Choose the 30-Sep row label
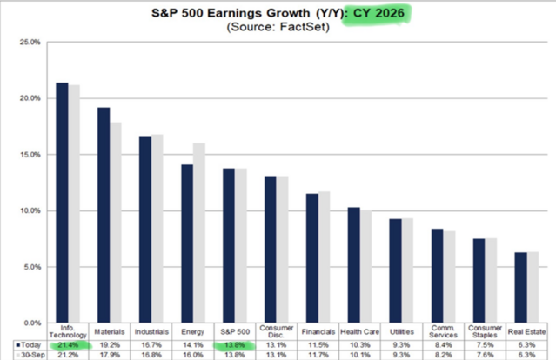[30, 354]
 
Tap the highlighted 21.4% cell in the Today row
[67, 344]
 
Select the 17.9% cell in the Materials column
[110, 354]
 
